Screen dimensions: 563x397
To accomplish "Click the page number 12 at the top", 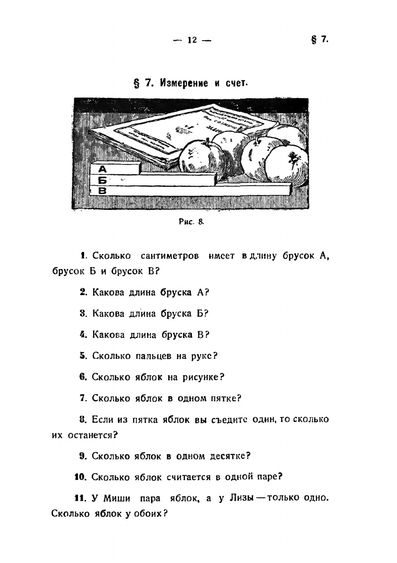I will pyautogui.click(x=191, y=40).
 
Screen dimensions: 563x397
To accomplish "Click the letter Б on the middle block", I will pyautogui.click(x=102, y=180).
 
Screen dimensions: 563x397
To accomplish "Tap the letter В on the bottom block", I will pyautogui.click(x=102, y=191).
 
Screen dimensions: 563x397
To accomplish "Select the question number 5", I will pyautogui.click(x=82, y=355).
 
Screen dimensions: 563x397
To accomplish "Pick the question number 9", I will pyautogui.click(x=82, y=456).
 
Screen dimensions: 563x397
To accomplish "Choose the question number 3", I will pyautogui.click(x=82, y=313).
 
